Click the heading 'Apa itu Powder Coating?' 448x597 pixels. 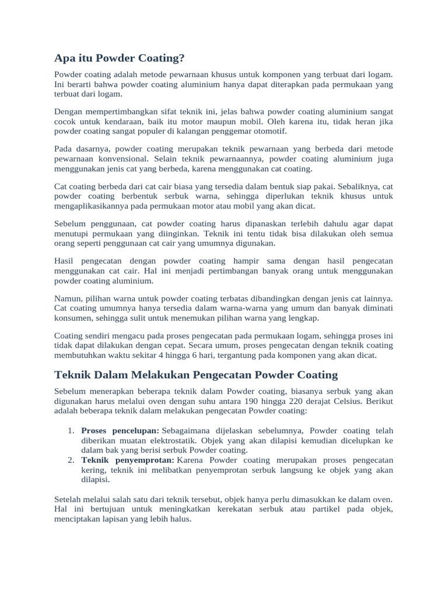(119, 58)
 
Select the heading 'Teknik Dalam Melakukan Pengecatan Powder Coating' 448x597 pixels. (195, 374)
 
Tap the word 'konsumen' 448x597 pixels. (71, 318)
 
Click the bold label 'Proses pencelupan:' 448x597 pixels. (120, 430)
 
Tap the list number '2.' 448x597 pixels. (70, 460)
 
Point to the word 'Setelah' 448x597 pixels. (68, 499)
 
